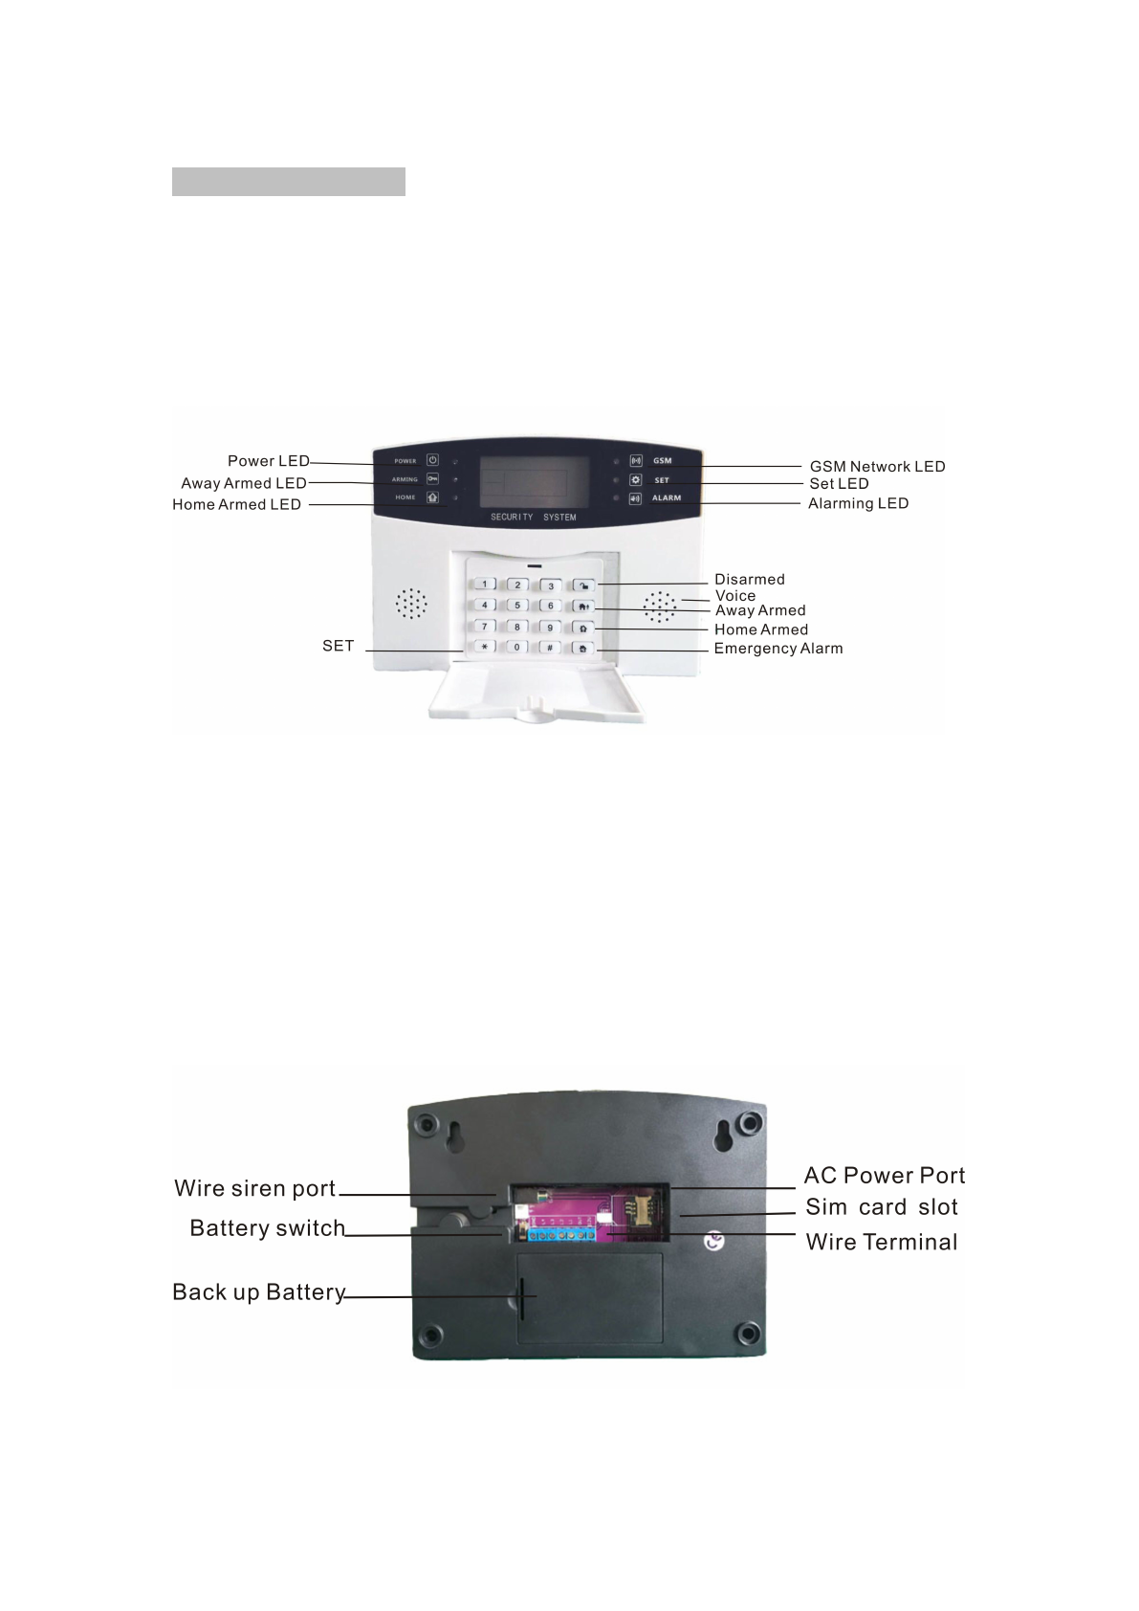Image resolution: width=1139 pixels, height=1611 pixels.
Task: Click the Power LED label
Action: pos(268,461)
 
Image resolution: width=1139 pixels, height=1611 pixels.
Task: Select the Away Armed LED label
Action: pos(243,483)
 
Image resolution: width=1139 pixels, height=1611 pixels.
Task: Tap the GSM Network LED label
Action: pos(877,467)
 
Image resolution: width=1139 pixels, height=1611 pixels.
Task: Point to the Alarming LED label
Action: pos(858,503)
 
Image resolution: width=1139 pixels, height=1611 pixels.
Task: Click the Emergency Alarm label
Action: pos(778,649)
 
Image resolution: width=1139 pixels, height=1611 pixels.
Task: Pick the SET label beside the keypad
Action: pos(338,646)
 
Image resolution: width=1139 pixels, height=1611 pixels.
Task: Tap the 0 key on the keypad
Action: pos(517,648)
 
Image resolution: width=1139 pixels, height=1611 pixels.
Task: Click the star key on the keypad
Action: pos(484,648)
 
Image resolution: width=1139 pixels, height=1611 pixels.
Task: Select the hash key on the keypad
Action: pos(550,648)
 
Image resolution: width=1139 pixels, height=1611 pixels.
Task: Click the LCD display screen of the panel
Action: pos(534,482)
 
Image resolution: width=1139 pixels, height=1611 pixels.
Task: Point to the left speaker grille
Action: pos(412,604)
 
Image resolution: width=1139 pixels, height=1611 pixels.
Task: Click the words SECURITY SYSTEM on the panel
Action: pos(534,518)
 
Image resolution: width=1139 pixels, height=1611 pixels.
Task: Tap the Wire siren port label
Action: pos(254,1188)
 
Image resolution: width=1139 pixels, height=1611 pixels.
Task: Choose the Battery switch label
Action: pos(267,1227)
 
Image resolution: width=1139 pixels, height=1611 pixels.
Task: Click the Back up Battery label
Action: pos(258,1292)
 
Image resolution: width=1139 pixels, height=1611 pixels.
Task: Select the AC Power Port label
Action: pos(885,1176)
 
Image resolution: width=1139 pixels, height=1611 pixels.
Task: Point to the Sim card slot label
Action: pos(881,1207)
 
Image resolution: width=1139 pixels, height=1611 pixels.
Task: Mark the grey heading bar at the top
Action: pos(288,182)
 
